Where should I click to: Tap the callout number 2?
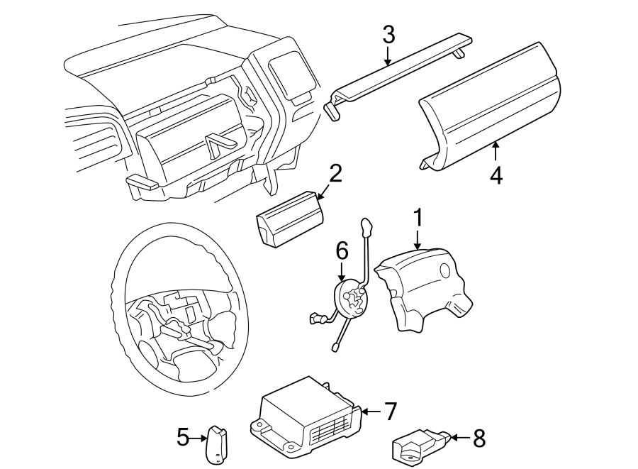click(x=335, y=173)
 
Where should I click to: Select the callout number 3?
click(x=388, y=33)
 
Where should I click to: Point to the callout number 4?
click(x=496, y=174)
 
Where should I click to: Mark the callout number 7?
click(x=390, y=411)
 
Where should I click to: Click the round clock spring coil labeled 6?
click(x=352, y=298)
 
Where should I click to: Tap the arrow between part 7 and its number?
click(x=371, y=411)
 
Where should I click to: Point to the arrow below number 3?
click(x=388, y=55)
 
